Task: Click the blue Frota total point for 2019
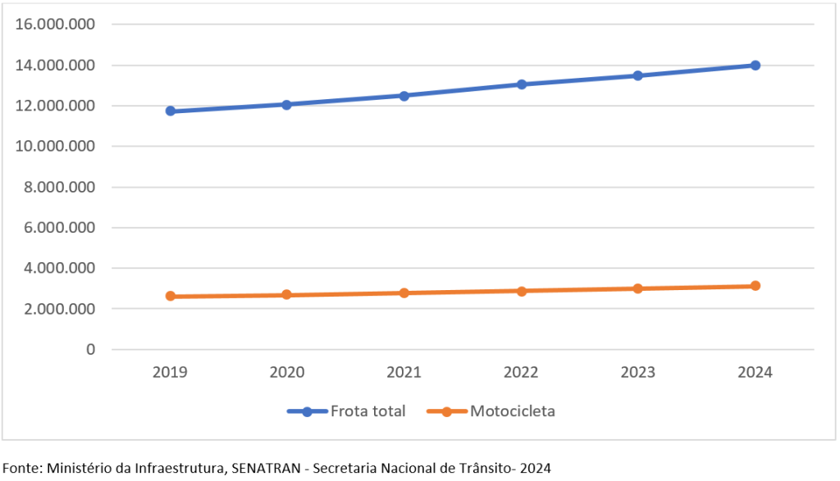coord(171,111)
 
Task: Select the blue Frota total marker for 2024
coord(756,66)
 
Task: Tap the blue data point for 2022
coord(522,84)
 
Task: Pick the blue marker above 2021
coord(404,97)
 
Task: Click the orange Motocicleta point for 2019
coord(171,296)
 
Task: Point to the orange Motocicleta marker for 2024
coord(756,286)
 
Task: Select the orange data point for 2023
coord(637,289)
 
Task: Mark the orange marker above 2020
coord(286,295)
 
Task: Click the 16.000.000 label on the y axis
coord(55,24)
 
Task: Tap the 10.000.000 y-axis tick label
coord(55,146)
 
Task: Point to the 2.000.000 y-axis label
coord(59,309)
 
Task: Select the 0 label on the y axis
coord(90,349)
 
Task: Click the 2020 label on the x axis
coord(286,372)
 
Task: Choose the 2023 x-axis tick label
coord(637,372)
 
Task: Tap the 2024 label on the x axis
coord(755,372)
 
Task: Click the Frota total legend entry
coord(346,411)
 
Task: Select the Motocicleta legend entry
coord(491,411)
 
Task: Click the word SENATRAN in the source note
coord(266,469)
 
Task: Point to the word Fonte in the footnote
coord(22,469)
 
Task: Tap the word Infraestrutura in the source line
coord(180,469)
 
